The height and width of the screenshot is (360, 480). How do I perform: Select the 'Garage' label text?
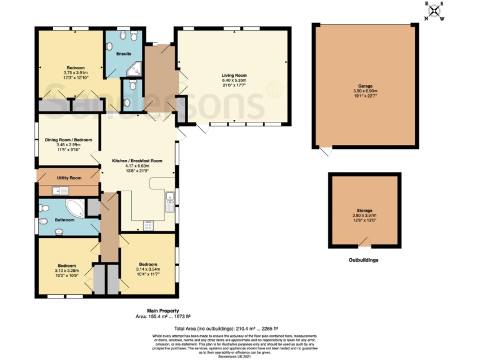click(366, 86)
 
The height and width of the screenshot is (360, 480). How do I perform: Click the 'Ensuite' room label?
click(124, 54)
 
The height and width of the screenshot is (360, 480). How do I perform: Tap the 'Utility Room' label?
click(69, 178)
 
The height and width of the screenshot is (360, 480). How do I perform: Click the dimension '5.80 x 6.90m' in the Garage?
click(366, 91)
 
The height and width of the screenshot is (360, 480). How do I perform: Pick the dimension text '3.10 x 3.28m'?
click(66, 271)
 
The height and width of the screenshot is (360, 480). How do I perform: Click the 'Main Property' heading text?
click(163, 311)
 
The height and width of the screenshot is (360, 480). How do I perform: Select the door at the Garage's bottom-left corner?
click(324, 152)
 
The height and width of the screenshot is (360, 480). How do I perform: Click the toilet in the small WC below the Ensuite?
click(127, 102)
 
